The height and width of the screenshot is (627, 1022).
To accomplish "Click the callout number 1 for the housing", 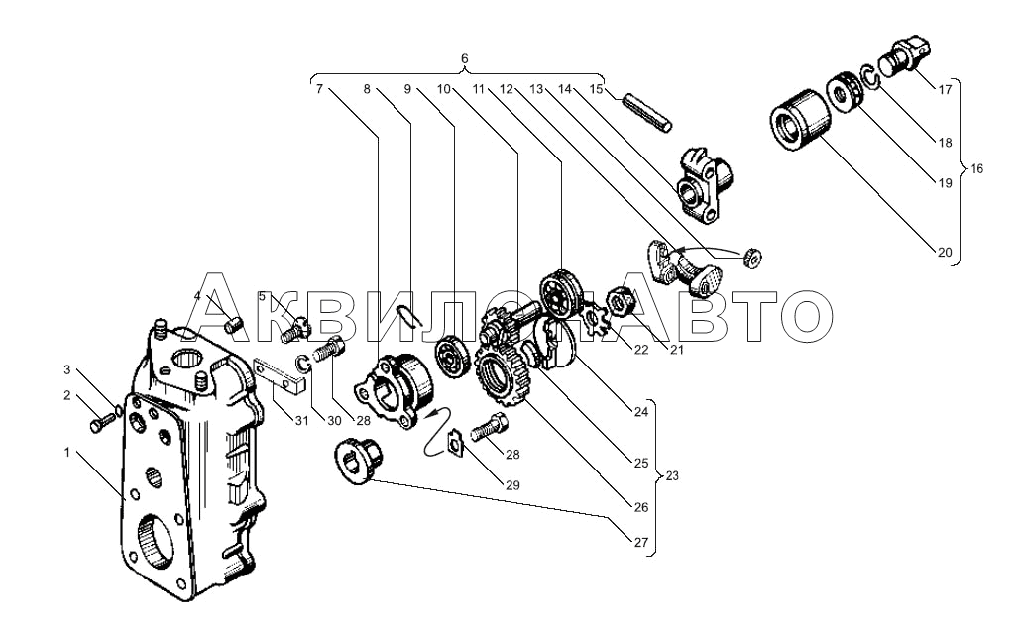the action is pos(66,452).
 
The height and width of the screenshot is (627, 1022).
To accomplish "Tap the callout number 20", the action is pos(945,253).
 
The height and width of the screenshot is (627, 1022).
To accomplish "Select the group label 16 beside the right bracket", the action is pos(976,169).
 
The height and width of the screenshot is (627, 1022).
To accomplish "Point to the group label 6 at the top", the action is pos(464,58).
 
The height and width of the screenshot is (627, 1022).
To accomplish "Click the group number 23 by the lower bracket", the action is pos(672,476).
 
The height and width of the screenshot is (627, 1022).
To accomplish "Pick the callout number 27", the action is pos(640,542).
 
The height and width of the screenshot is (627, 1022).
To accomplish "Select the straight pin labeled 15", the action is pos(645,114).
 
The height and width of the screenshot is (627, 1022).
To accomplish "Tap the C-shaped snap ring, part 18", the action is pos(870,76).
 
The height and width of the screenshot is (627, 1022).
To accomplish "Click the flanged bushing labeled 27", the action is pos(357,460).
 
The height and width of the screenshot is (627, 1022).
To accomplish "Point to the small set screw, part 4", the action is pos(235,324).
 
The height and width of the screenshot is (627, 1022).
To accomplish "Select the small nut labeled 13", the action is pos(753,258).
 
